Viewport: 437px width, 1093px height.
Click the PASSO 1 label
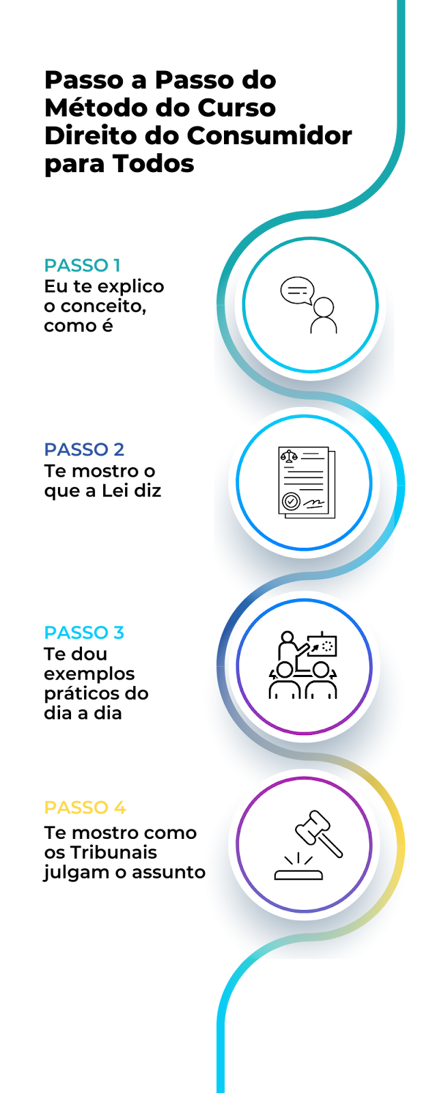[82, 265]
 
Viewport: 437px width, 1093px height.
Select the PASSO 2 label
[84, 449]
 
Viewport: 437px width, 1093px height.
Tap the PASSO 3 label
[84, 633]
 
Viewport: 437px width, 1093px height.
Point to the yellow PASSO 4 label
[85, 807]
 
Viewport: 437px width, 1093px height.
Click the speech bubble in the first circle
[296, 290]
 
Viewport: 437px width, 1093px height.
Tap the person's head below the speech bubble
[324, 307]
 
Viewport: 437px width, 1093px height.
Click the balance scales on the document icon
[290, 455]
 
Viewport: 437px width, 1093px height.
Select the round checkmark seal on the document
[292, 501]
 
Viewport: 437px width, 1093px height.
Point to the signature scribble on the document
[315, 504]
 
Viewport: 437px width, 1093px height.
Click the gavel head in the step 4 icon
[311, 826]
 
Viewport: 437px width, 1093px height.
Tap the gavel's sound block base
[298, 873]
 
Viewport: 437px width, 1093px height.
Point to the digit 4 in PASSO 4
[119, 807]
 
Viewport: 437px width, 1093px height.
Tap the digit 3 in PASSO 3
[119, 633]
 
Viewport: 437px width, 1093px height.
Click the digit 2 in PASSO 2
[119, 449]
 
